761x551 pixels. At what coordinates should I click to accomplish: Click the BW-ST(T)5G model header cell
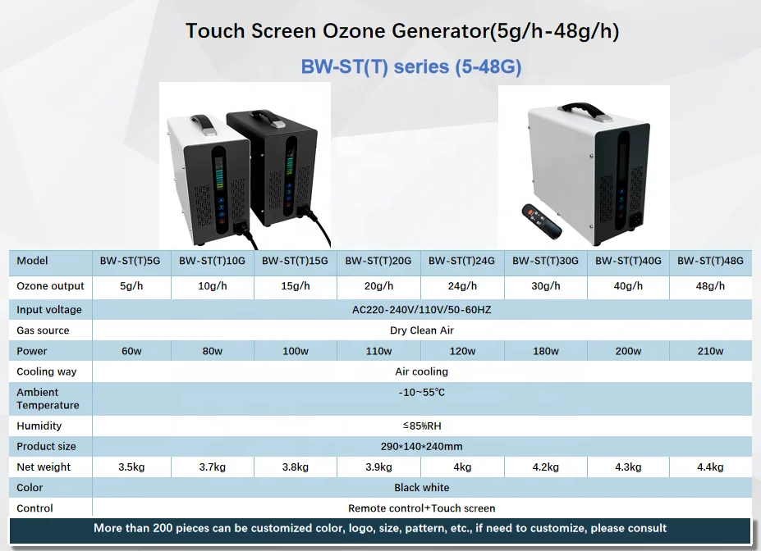pyautogui.click(x=130, y=262)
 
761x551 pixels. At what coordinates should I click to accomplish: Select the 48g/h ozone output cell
pyautogui.click(x=710, y=286)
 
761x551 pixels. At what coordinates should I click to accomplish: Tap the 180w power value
pyautogui.click(x=545, y=352)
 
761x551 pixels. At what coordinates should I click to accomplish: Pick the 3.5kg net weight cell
pyautogui.click(x=131, y=467)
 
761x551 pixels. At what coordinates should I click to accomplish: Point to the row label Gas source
pyautogui.click(x=43, y=330)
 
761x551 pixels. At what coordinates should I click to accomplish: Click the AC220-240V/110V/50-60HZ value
pyautogui.click(x=421, y=310)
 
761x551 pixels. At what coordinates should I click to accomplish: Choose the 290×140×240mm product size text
pyautogui.click(x=421, y=447)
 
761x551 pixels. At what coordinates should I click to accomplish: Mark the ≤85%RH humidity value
pyautogui.click(x=421, y=426)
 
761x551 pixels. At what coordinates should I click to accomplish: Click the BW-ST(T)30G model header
pyautogui.click(x=545, y=262)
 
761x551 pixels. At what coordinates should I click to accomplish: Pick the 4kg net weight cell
pyautogui.click(x=463, y=467)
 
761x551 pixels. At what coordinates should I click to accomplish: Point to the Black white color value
pyautogui.click(x=421, y=488)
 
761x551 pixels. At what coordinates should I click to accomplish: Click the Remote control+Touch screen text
pyautogui.click(x=421, y=508)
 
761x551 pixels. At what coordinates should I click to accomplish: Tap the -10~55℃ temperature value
pyautogui.click(x=421, y=393)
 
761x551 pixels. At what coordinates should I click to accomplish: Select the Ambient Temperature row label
pyautogui.click(x=48, y=398)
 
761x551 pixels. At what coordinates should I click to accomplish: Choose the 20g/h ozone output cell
pyautogui.click(x=378, y=286)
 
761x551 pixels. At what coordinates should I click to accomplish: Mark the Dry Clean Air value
pyautogui.click(x=421, y=330)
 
